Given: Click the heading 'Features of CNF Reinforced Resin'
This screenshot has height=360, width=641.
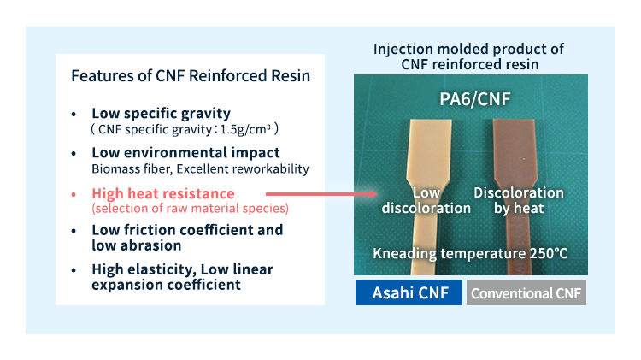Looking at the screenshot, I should [190, 76].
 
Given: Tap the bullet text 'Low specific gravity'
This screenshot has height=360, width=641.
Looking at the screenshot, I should [161, 113].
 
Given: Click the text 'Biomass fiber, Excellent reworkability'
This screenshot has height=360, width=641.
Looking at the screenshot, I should [199, 169].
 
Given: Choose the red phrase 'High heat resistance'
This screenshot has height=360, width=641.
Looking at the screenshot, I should [162, 193].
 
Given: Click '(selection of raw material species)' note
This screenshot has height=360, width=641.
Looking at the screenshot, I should [190, 209].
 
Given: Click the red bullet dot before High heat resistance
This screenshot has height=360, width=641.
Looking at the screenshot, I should [74, 194].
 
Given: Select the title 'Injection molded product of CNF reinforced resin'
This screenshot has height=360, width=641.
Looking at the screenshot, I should [468, 56].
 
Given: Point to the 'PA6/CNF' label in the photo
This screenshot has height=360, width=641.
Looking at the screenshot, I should [468, 99].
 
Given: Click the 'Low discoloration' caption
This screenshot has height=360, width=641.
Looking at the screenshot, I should [426, 200].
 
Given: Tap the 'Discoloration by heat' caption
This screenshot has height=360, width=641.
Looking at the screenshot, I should [518, 200].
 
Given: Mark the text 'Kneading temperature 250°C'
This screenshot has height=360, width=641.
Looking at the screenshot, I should [470, 253].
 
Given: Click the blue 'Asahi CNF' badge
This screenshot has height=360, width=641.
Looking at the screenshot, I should [409, 292].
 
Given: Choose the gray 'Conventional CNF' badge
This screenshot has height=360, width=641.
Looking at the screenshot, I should [526, 293].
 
